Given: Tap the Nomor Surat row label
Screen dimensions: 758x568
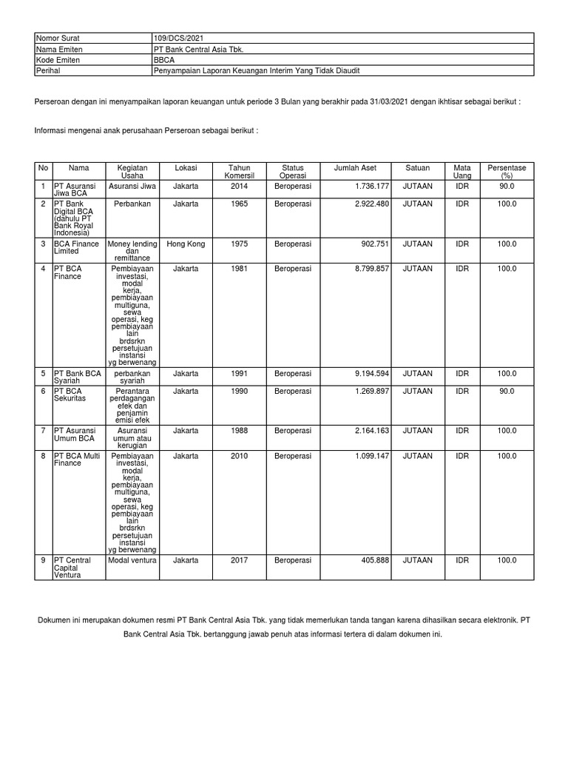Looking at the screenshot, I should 58,38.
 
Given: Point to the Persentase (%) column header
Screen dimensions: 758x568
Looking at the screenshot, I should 507,172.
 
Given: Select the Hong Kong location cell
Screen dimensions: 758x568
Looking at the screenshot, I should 186,244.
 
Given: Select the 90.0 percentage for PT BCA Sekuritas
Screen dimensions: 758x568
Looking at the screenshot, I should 507,390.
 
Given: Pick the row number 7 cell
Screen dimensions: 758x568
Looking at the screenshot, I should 43,430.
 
